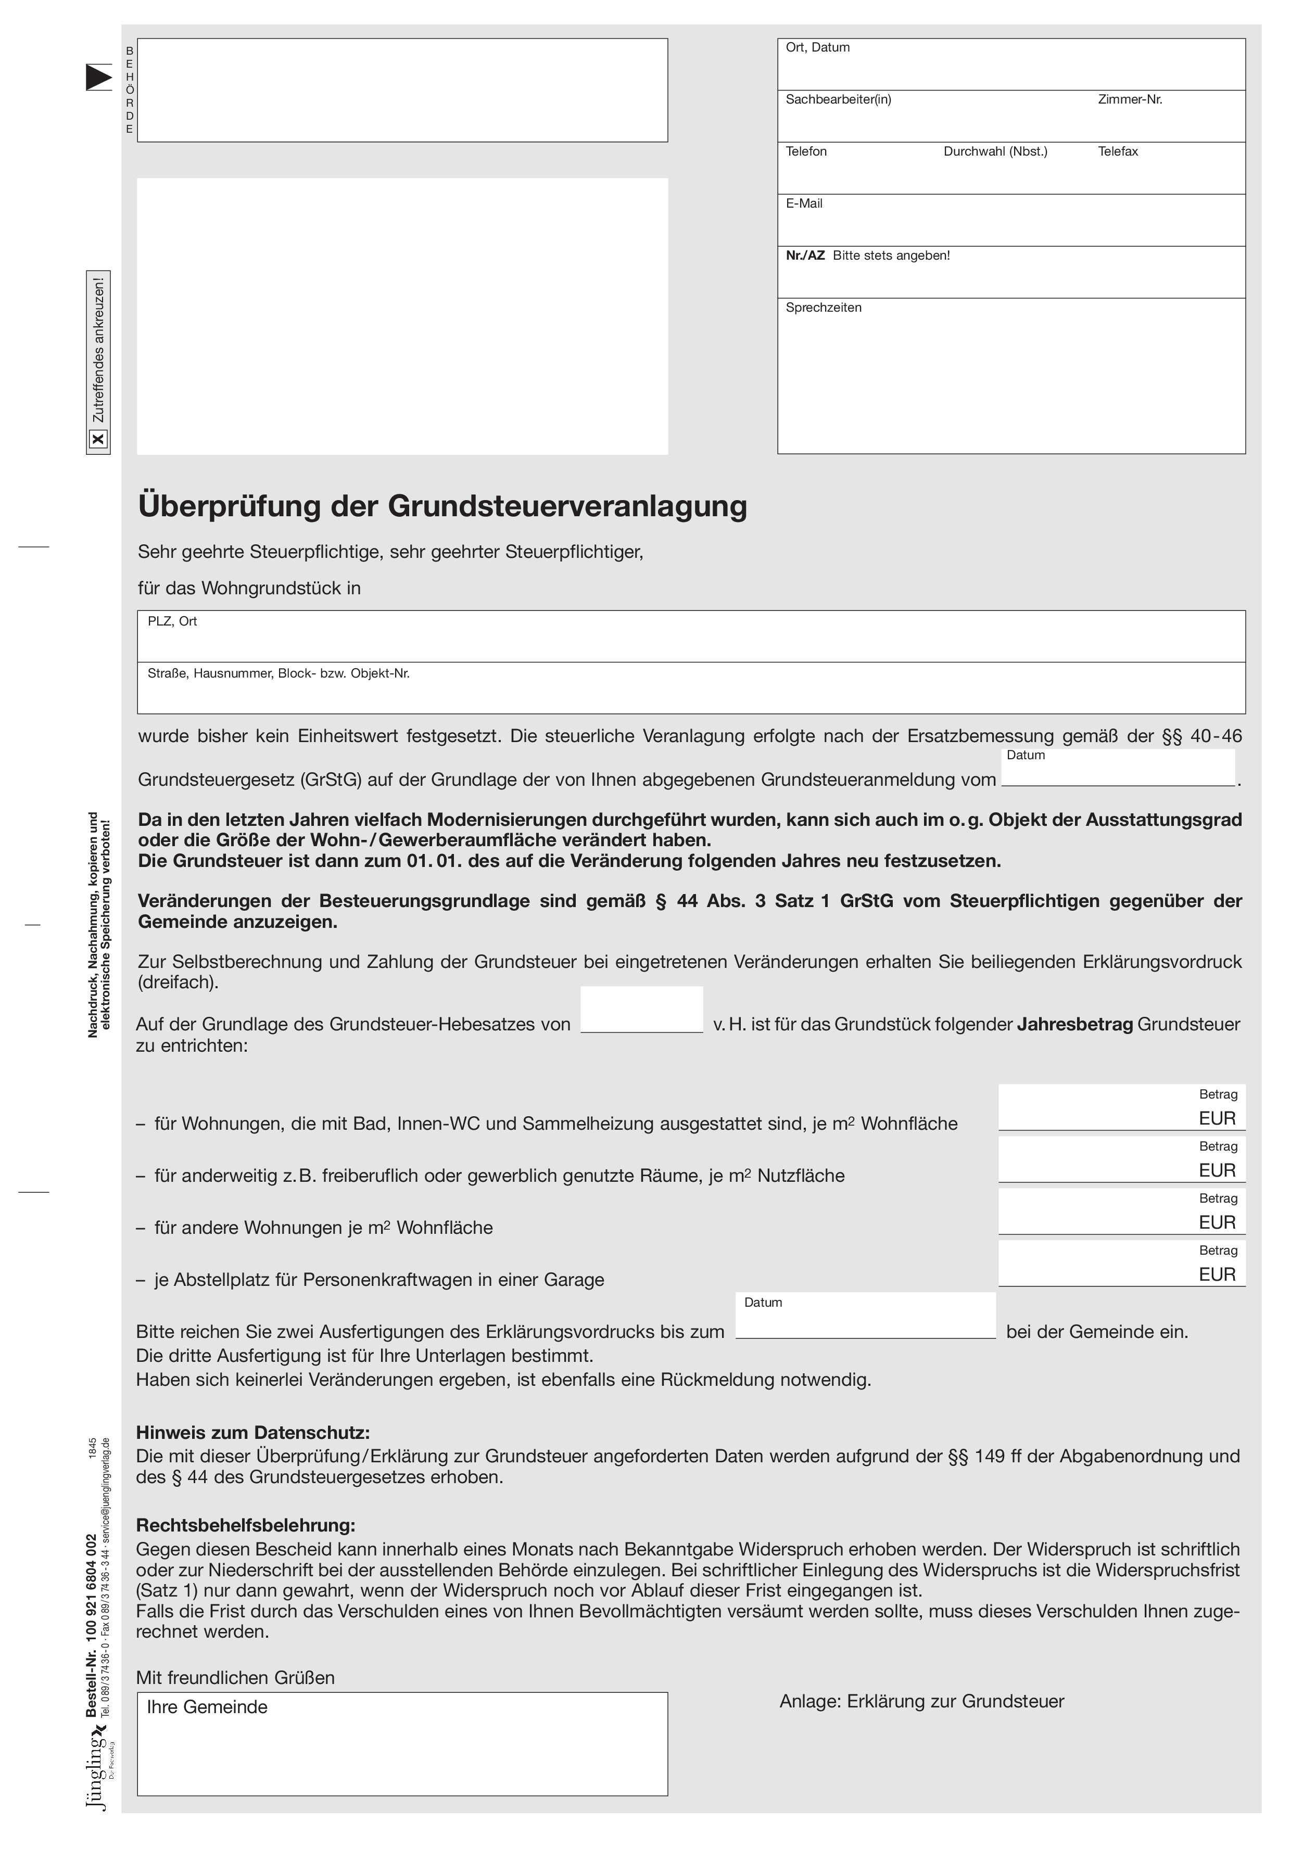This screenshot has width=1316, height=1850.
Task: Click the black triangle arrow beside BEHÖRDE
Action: (98, 77)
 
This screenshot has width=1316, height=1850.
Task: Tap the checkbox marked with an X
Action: (98, 439)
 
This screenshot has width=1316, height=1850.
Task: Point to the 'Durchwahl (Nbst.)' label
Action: (995, 151)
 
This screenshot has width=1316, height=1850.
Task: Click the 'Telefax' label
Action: (1118, 151)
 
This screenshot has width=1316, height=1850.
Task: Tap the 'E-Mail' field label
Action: (804, 203)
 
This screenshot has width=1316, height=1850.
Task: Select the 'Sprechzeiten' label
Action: (824, 308)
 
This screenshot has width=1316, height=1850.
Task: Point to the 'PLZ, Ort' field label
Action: (172, 621)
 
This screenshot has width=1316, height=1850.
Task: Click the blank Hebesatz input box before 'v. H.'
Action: (642, 1009)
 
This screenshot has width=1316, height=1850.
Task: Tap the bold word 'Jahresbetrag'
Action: (1074, 1024)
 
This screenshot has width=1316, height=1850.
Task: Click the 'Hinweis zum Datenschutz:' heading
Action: (253, 1433)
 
